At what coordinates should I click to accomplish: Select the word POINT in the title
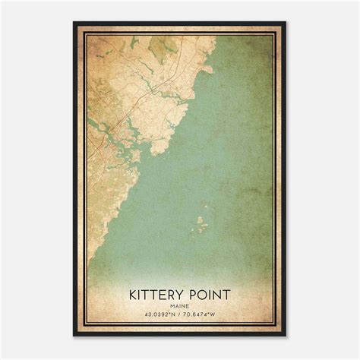point(210,295)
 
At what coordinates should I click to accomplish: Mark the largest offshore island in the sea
point(201,226)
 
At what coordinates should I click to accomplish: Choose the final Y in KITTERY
point(181,295)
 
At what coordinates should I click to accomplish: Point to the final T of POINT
point(229,295)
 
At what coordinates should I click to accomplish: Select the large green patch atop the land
point(163,49)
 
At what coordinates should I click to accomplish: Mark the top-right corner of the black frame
point(286,23)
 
